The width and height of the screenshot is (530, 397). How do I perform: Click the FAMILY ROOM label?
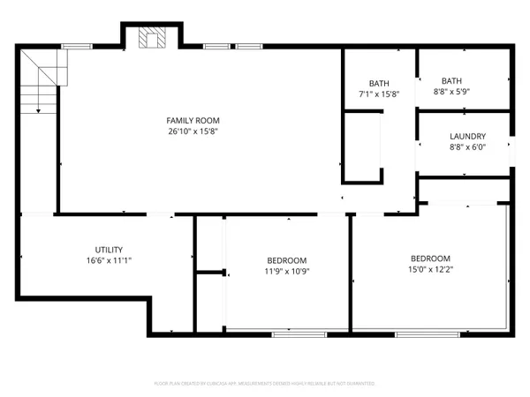[193, 120]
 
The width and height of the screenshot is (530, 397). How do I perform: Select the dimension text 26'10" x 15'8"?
[193, 131]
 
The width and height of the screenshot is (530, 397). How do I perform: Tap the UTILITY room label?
[109, 250]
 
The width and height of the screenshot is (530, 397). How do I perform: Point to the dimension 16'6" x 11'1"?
[109, 261]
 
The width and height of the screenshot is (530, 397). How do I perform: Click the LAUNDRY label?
[467, 136]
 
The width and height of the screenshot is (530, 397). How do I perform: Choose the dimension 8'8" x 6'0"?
[467, 147]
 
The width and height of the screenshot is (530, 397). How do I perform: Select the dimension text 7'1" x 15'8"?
[380, 93]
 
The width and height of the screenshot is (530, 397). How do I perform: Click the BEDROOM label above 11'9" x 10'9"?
[287, 260]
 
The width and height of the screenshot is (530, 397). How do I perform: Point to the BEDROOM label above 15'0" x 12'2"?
[430, 258]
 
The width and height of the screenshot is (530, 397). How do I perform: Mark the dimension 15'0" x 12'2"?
[430, 269]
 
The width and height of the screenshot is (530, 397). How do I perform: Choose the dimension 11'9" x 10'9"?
[287, 272]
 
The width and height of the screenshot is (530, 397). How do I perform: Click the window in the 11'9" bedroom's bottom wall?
[292, 333]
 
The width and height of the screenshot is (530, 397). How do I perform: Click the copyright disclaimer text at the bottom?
[265, 384]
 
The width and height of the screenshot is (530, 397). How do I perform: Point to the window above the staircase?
[78, 45]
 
